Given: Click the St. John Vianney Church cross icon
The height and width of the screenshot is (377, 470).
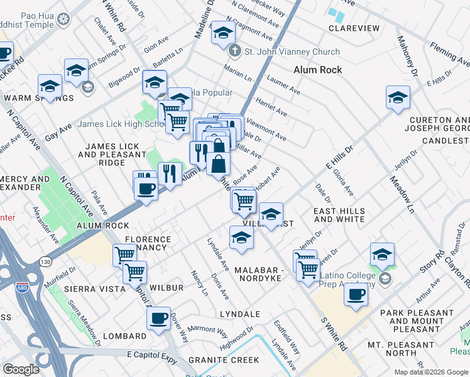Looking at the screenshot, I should [x=234, y=51].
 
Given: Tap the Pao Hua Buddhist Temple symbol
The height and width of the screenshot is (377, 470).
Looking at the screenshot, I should [x=63, y=19].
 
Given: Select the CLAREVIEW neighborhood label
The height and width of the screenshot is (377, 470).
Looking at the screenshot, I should [x=354, y=28].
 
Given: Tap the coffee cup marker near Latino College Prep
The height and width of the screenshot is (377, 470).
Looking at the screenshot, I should [x=356, y=293].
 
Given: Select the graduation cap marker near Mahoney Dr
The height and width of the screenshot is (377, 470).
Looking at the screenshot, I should [x=398, y=97].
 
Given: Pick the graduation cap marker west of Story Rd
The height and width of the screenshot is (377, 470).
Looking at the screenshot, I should [x=382, y=254].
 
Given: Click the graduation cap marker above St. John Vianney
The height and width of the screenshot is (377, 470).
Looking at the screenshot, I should [x=222, y=33].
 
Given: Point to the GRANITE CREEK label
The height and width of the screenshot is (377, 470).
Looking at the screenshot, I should [x=224, y=360].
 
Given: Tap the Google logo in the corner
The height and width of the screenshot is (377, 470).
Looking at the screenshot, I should [x=21, y=369].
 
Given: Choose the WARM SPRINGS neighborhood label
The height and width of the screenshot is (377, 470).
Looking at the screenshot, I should [x=39, y=98].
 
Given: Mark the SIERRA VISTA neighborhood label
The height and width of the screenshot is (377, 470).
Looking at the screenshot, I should [x=89, y=288].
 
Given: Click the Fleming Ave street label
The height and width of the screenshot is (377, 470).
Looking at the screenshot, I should [x=450, y=55].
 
